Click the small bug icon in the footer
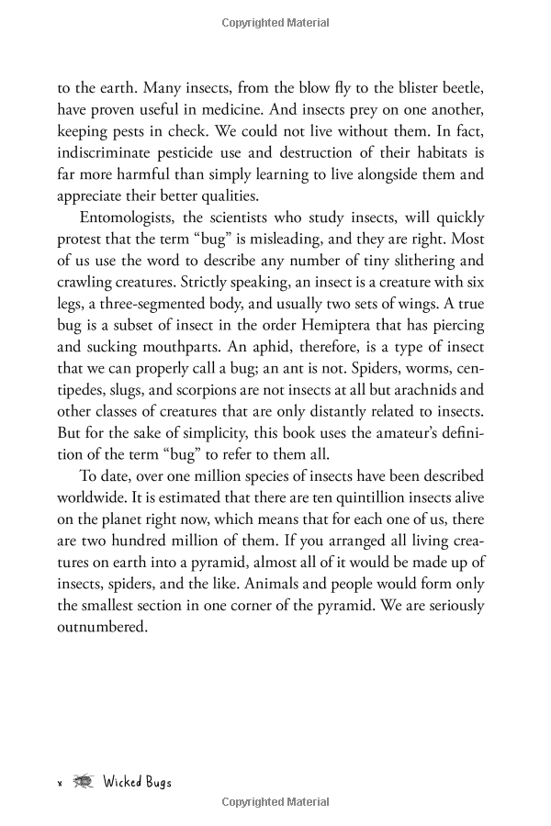84,781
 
